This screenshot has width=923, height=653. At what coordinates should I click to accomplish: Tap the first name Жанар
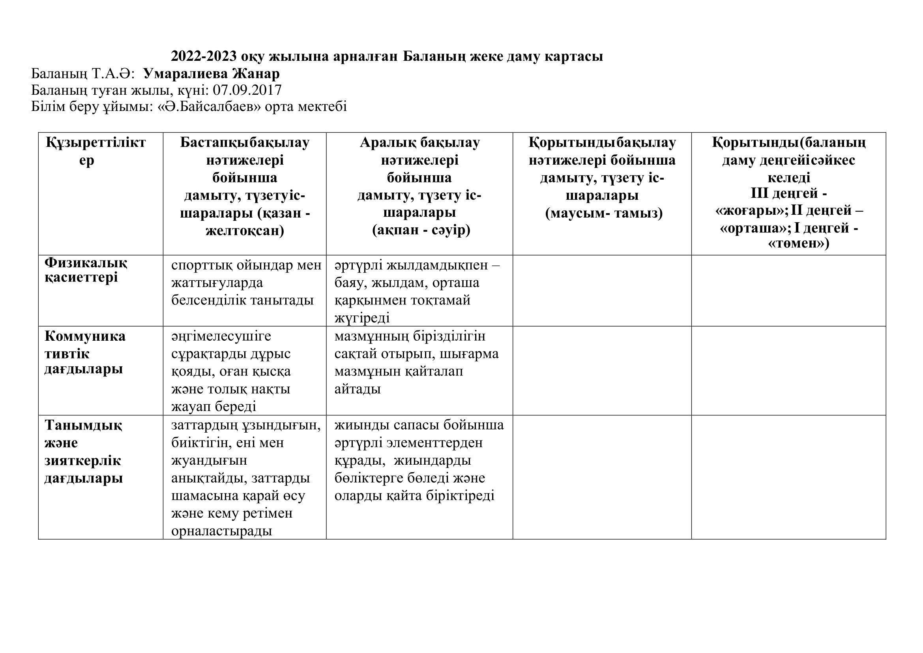point(256,73)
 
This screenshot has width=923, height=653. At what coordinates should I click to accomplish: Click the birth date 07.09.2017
point(247,90)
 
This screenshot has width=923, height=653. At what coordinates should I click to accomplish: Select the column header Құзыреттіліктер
point(95,151)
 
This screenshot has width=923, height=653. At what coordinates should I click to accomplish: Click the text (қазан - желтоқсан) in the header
point(245,222)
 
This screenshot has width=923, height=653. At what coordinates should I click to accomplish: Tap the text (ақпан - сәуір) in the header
point(421,231)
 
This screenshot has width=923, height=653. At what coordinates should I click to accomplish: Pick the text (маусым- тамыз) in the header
point(604,213)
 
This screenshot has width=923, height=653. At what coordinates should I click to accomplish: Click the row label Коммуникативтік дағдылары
point(85,353)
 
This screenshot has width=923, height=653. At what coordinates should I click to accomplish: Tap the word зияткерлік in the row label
point(83,460)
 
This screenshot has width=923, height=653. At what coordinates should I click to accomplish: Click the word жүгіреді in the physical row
point(362,318)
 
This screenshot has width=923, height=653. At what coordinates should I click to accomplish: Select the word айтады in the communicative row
point(358,389)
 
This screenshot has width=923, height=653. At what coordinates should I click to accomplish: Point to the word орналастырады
point(221,531)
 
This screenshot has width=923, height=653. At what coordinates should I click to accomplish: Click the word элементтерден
point(434,443)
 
